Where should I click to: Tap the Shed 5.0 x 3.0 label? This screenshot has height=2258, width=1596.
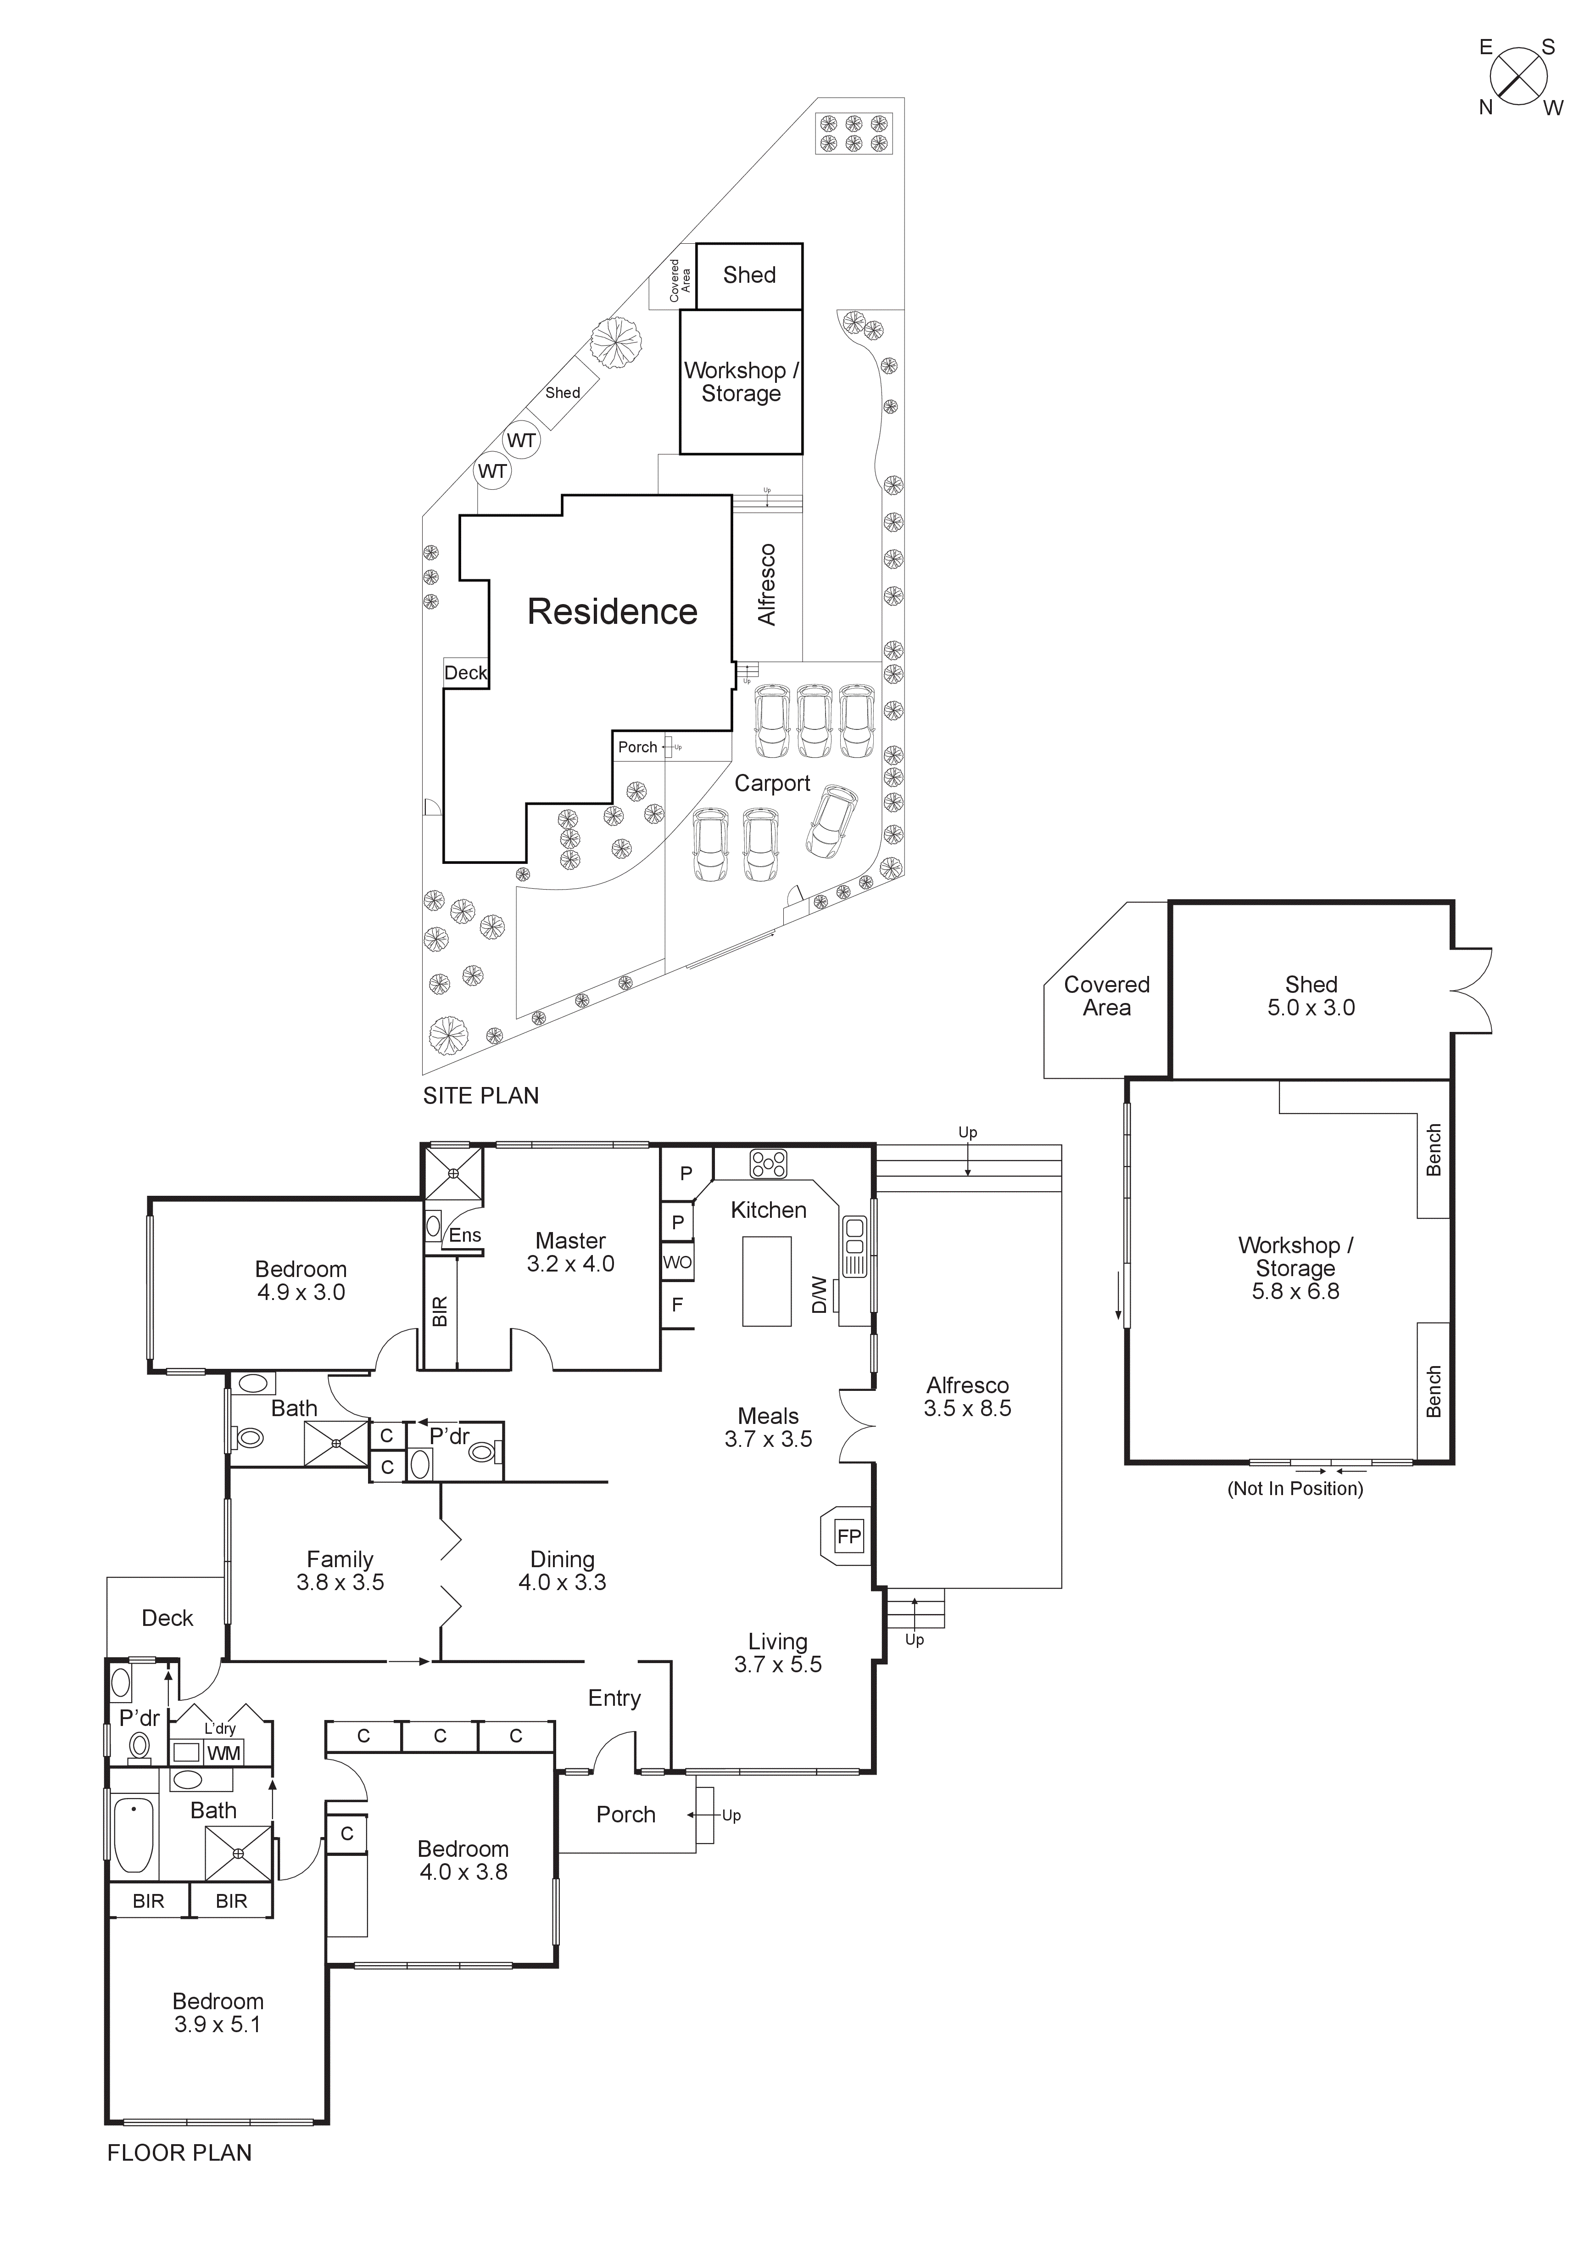1311,995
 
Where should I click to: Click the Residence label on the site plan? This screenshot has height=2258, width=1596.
612,612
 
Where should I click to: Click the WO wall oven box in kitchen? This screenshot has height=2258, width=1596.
676,1262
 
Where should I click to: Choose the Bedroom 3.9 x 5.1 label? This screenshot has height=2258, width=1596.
218,2012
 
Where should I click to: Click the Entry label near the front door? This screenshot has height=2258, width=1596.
614,1698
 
